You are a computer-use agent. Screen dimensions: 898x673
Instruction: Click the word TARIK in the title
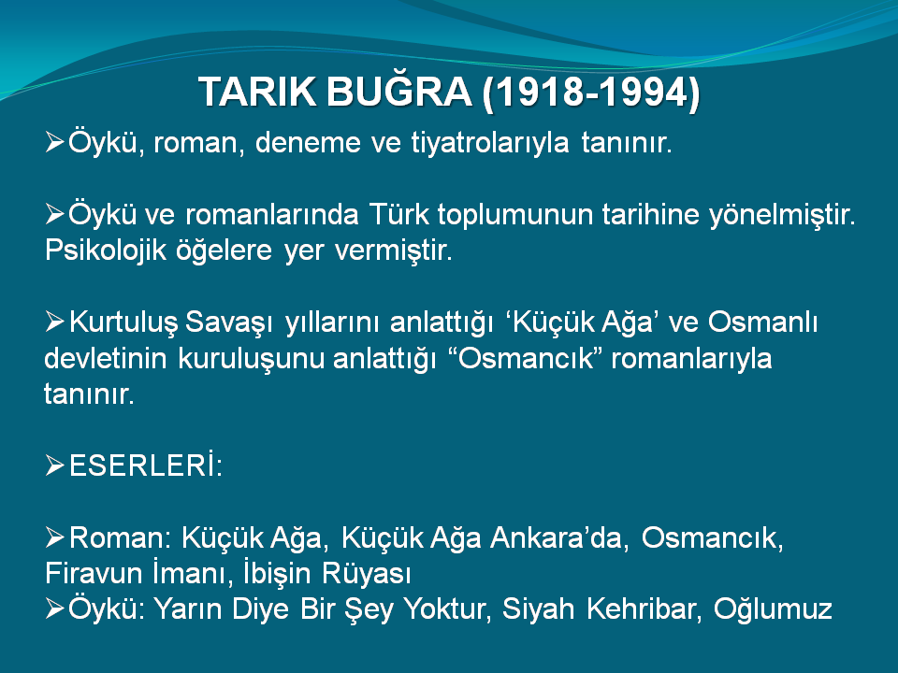[257, 92]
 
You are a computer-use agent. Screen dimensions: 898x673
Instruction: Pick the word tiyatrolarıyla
[490, 143]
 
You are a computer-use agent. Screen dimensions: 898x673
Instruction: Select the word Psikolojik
[106, 251]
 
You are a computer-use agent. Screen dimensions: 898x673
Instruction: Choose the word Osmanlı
[762, 322]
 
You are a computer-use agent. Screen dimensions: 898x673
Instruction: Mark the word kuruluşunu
[251, 359]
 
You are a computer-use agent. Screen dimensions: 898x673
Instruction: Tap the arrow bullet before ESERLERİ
[54, 465]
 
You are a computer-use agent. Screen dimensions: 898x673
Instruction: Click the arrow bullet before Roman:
[54, 538]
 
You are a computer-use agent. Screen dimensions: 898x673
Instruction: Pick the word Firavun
[94, 573]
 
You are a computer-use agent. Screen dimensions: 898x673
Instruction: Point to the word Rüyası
[367, 573]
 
